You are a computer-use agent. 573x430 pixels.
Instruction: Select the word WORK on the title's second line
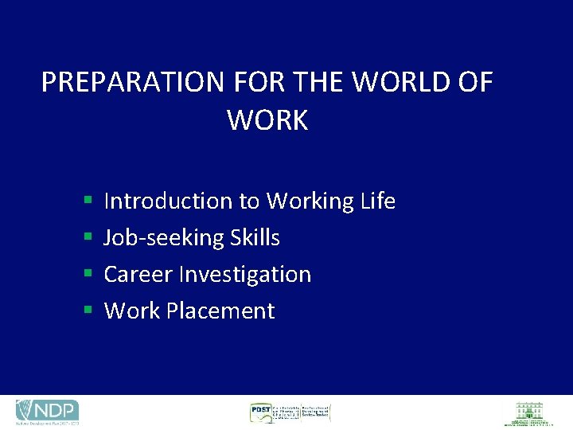[267, 120]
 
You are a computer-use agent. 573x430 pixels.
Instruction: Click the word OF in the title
[477, 82]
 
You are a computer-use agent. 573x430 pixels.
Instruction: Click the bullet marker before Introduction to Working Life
[88, 201]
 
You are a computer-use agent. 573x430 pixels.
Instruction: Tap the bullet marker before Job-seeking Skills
[88, 238]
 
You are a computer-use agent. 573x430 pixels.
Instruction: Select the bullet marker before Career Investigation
[88, 275]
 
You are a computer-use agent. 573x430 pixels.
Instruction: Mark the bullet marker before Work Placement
[88, 311]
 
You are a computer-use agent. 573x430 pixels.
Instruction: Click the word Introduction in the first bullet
[169, 201]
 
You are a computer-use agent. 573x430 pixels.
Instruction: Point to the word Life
[377, 201]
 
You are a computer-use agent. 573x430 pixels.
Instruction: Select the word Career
[138, 275]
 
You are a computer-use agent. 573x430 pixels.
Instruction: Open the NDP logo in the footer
[47, 412]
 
